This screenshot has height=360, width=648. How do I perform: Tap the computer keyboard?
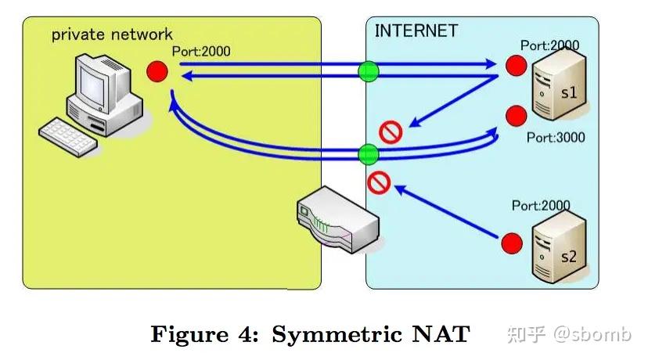[x=68, y=137]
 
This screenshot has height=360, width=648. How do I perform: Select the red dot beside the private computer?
[x=157, y=71]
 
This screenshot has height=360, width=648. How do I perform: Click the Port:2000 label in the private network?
[x=201, y=51]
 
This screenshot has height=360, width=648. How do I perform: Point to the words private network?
[x=112, y=34]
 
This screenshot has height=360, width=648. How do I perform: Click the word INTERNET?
[x=416, y=31]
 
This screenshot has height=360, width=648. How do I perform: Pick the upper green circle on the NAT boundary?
[x=369, y=71]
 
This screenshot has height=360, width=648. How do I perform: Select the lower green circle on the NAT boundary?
[x=369, y=155]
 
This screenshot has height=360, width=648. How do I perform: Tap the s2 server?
[x=559, y=247]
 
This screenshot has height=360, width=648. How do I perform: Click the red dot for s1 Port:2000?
[x=517, y=65]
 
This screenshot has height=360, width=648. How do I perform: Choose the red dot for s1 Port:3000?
[x=517, y=115]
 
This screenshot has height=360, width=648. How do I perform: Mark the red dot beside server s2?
[x=512, y=243]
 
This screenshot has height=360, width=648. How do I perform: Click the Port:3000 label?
[x=556, y=137]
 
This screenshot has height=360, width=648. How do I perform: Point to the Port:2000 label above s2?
[x=541, y=205]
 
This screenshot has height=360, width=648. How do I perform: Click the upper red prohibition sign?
[x=391, y=132]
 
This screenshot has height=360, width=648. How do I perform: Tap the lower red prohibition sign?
[x=379, y=182]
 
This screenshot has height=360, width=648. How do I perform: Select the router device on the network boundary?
[x=338, y=219]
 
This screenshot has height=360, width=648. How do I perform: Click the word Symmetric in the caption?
[x=337, y=334]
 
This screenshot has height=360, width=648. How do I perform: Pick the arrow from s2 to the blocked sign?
[x=446, y=211]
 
